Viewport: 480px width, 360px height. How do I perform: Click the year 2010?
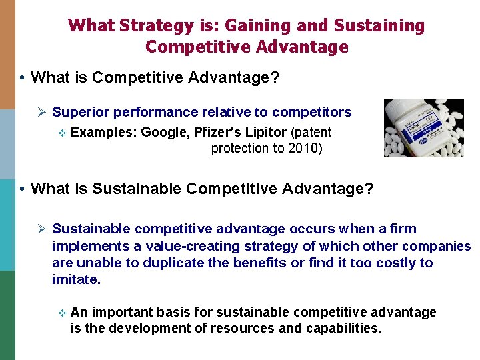(x=306, y=148)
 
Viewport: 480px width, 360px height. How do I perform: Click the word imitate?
(x=76, y=280)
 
